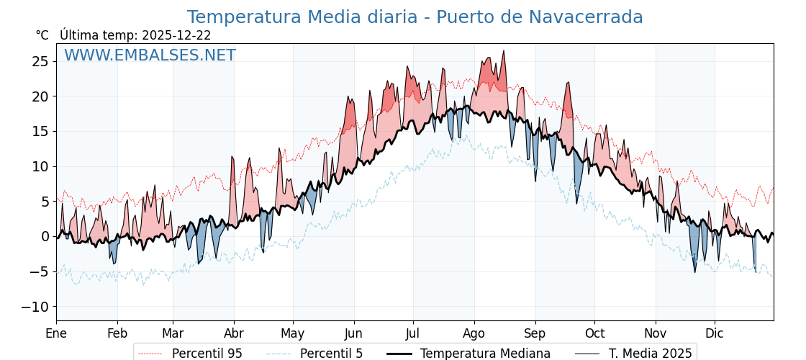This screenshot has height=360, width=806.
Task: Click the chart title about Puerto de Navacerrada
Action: pyautogui.click(x=415, y=17)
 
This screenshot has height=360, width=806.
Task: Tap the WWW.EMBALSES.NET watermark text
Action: pyautogui.click(x=150, y=55)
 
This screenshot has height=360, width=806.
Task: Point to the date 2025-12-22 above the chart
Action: pyautogui.click(x=176, y=35)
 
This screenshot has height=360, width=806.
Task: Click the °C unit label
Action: pyautogui.click(x=42, y=35)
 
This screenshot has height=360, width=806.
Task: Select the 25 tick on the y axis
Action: pyautogui.click(x=40, y=61)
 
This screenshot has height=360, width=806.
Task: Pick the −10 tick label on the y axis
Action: pyautogui.click(x=35, y=307)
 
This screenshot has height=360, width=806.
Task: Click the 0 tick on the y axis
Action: pyautogui.click(x=45, y=236)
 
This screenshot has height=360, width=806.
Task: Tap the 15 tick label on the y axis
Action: pyautogui.click(x=40, y=131)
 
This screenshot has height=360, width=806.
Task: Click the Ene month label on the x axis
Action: pyautogui.click(x=56, y=333)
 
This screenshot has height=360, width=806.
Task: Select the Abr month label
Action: pyautogui.click(x=234, y=333)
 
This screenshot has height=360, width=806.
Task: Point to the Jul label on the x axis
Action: pyautogui.click(x=413, y=333)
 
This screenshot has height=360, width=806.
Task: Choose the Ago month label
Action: pyautogui.click(x=474, y=333)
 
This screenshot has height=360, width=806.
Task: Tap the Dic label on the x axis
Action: pyautogui.click(x=715, y=333)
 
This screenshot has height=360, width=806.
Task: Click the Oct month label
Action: pyautogui.click(x=594, y=333)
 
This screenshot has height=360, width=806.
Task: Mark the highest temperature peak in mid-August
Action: pyautogui.click(x=504, y=51)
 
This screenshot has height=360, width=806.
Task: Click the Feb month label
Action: pyautogui.click(x=117, y=333)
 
